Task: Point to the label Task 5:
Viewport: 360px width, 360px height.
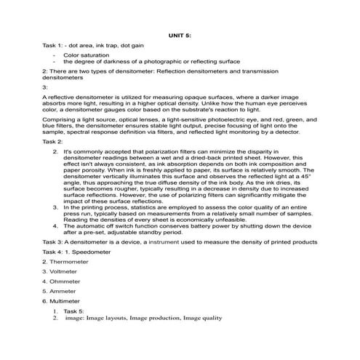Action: click(76, 311)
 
